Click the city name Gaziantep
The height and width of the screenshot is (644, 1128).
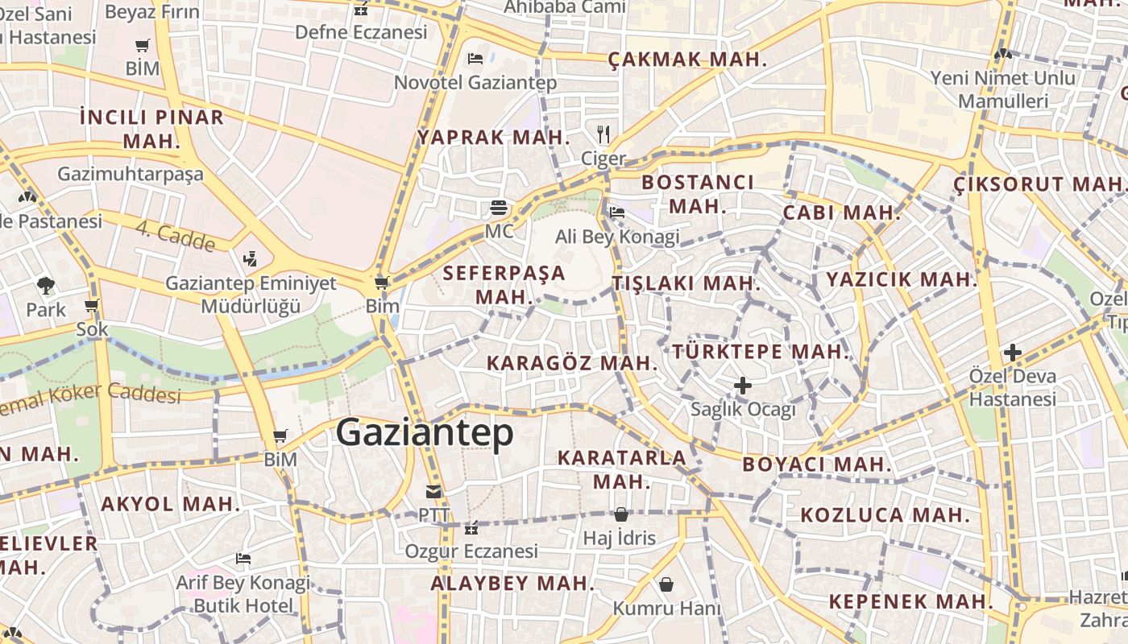point(425,433)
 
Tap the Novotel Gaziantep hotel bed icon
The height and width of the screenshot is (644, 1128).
point(475,58)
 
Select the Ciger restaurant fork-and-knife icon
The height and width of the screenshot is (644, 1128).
point(603,134)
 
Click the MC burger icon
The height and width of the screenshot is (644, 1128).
point(499,208)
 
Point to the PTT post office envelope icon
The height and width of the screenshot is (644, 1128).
point(434,491)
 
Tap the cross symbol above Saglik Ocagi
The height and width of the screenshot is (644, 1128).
point(743,386)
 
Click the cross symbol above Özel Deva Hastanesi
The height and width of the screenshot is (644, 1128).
point(1013,353)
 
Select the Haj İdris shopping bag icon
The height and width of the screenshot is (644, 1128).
point(621,514)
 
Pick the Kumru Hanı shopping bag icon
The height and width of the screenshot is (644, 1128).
point(666,584)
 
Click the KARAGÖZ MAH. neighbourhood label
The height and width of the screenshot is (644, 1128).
point(573,363)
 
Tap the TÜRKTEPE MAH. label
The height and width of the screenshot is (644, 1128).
point(761,352)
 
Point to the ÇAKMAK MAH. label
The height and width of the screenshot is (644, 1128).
point(687,60)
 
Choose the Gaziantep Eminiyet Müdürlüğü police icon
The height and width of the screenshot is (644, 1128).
point(251,259)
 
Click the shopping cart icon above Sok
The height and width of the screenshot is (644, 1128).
point(92,306)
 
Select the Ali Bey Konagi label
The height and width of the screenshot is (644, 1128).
point(617,237)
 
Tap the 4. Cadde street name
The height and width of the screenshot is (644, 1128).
point(176,236)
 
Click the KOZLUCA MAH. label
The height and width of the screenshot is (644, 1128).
point(885,514)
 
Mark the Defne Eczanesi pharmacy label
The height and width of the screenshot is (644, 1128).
point(361,32)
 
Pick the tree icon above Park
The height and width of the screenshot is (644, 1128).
point(46,284)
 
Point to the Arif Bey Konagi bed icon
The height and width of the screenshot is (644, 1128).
point(243,558)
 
